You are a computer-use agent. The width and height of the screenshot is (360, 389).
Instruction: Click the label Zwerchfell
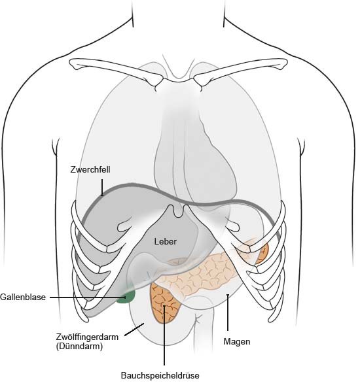coord(90,170)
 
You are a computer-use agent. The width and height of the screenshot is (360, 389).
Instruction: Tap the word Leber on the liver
coord(166,241)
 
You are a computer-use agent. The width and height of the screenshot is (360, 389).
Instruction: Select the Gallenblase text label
coord(23,297)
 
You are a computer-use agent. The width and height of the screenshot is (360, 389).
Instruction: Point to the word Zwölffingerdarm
coord(87,337)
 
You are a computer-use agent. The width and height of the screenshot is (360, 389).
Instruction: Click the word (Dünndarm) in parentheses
coord(79,346)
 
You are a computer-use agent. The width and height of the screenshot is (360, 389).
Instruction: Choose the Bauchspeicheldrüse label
coord(160,375)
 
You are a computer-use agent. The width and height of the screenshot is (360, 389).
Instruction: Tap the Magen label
coord(237,342)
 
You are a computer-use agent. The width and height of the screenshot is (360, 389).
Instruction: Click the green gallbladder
coord(126,296)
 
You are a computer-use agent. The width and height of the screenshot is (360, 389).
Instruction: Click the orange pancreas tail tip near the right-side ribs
coord(263,253)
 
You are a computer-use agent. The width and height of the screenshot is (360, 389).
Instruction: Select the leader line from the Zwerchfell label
coord(102,188)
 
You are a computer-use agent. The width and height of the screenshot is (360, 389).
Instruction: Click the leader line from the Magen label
coord(228,313)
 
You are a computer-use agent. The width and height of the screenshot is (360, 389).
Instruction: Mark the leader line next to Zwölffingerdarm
coord(134,329)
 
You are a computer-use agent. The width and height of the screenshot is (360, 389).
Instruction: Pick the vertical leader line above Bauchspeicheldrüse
coord(164,335)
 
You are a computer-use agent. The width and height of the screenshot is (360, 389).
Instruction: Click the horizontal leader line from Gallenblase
coord(88,297)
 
